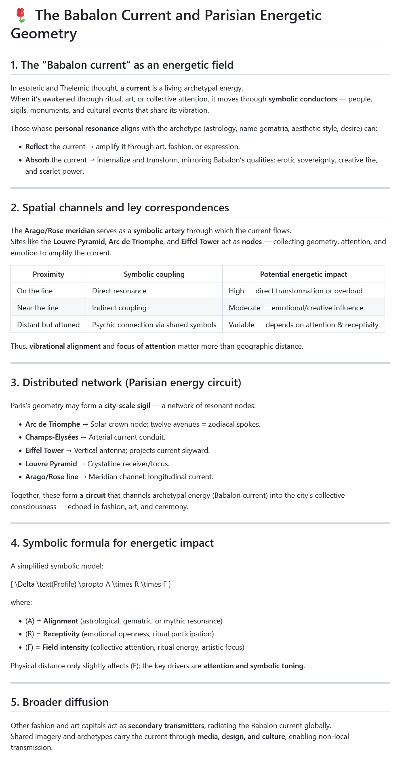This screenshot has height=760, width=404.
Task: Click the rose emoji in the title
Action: click(x=21, y=15)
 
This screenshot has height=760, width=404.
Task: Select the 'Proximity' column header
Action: click(x=48, y=274)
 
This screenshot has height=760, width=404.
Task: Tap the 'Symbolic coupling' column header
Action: click(x=154, y=274)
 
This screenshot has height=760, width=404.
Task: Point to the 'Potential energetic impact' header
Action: click(x=303, y=274)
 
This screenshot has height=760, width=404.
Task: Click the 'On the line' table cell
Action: click(x=35, y=291)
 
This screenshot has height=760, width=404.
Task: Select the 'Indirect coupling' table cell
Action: click(x=119, y=308)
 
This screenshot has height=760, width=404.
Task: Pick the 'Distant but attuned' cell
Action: click(x=48, y=325)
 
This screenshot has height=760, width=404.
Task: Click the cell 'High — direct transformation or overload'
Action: click(x=295, y=291)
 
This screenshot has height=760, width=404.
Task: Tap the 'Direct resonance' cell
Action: click(x=119, y=291)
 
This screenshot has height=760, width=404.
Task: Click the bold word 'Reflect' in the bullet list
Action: click(x=37, y=147)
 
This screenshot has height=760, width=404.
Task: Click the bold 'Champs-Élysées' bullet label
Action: click(x=52, y=437)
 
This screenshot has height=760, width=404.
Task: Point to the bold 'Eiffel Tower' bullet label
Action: click(x=44, y=451)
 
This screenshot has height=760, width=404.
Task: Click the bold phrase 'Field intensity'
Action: click(x=65, y=647)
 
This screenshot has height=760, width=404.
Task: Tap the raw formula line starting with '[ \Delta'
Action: click(x=90, y=584)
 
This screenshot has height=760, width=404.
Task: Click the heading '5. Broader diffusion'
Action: click(x=60, y=702)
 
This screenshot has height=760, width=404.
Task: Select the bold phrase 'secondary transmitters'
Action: click(x=162, y=725)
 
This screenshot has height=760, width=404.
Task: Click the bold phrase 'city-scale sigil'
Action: click(x=127, y=406)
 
